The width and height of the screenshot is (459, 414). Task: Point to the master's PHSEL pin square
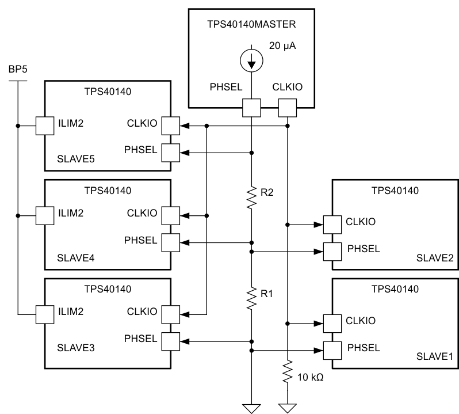pos(251,107)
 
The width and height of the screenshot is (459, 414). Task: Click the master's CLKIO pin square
pos(287,107)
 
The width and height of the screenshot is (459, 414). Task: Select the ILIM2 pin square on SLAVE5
pos(44,125)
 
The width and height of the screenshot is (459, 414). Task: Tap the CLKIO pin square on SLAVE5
pos(171,125)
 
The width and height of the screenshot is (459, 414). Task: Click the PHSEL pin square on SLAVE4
pos(171,242)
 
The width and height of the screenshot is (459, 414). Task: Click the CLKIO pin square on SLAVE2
pos(331,224)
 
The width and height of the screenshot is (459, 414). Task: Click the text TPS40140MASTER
pos(251,25)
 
